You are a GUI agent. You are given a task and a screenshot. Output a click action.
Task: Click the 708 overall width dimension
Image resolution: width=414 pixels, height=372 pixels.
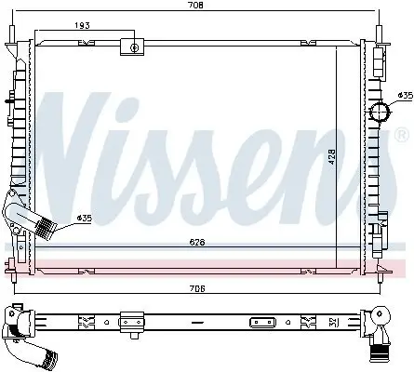pyautogui.click(x=195, y=6)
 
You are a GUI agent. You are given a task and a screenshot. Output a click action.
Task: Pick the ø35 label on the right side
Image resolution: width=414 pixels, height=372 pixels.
pyautogui.click(x=404, y=95)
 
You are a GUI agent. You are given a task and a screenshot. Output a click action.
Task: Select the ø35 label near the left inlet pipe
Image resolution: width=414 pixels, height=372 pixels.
pyautogui.click(x=84, y=219)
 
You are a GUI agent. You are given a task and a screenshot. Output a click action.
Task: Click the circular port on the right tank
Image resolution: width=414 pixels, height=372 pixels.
pyautogui.click(x=380, y=113)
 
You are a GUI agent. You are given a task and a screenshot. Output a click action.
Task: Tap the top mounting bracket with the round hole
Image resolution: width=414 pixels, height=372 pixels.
pyautogui.click(x=135, y=46)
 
